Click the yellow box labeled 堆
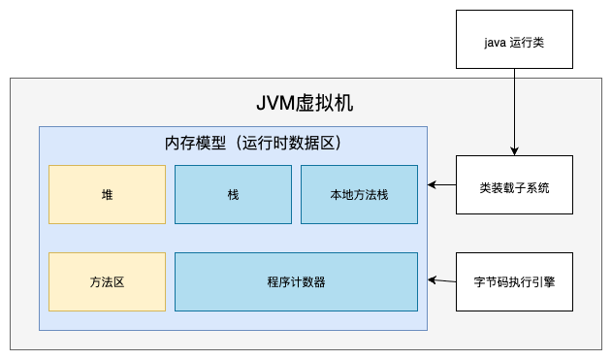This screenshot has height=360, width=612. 107,194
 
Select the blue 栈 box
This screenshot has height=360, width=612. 233,194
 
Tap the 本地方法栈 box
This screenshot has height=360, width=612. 359,194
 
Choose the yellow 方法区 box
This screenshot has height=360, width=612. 107,281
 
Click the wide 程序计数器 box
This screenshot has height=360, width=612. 296,281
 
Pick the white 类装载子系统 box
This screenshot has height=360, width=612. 514,185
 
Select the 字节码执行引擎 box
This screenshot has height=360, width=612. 514,281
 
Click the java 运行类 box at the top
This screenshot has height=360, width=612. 514,39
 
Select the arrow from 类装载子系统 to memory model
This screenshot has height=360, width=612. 442,185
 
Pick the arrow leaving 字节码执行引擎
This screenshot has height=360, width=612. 442,281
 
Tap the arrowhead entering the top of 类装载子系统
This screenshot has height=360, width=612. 514,150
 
